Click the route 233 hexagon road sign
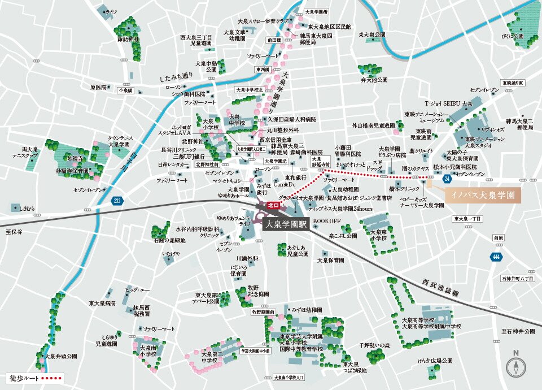[x=117, y=200]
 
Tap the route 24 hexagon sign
[x=447, y=179]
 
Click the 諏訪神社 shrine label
[x=128, y=40]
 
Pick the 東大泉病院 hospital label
[x=102, y=304]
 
